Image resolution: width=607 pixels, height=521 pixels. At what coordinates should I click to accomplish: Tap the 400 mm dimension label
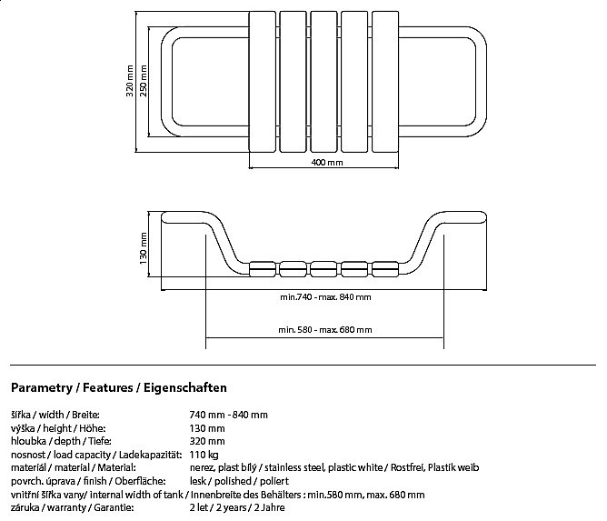click(326, 163)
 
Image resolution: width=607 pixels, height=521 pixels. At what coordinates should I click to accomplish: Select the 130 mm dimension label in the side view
click(144, 245)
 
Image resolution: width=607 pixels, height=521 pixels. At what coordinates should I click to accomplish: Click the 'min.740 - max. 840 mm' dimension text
click(325, 297)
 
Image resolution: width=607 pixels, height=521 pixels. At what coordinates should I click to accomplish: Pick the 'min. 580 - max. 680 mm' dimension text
click(325, 330)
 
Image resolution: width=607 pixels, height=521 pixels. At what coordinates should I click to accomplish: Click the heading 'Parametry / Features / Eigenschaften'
click(118, 387)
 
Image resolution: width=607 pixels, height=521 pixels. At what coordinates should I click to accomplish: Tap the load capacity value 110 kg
click(204, 454)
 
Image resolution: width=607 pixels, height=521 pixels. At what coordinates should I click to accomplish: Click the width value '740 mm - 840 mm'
click(228, 414)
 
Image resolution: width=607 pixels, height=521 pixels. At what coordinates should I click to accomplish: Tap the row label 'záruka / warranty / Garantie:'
click(69, 507)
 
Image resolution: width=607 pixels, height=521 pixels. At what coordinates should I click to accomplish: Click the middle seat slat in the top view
click(324, 82)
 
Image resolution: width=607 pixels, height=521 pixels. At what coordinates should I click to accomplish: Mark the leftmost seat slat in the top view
click(262, 82)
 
